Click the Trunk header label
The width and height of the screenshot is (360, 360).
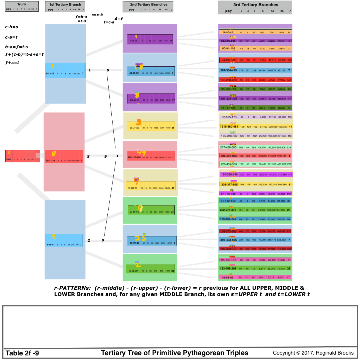point(22,4)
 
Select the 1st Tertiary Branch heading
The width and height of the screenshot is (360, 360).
point(65,5)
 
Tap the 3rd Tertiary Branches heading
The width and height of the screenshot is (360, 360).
point(255,5)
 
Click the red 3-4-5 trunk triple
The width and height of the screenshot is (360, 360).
point(9,159)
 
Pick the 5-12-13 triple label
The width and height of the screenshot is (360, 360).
point(50,74)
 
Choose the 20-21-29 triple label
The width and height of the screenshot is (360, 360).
point(50,161)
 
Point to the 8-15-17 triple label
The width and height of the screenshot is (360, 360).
point(51,245)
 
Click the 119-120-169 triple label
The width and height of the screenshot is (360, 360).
point(134,157)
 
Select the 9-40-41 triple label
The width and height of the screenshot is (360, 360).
point(228,32)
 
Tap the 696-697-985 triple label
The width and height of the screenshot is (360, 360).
point(229,156)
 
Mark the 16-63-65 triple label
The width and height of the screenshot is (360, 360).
point(227,277)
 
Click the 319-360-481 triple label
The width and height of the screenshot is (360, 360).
point(229,127)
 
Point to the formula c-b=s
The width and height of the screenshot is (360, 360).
point(11,27)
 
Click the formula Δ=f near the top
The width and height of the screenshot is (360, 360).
point(119,19)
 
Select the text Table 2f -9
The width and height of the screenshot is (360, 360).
point(22,353)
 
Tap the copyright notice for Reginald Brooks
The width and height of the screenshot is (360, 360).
point(313,353)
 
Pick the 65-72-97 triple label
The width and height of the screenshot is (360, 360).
point(134,243)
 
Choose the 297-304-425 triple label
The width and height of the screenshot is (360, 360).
point(228,70)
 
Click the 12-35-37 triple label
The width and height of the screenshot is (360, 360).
point(133,271)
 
